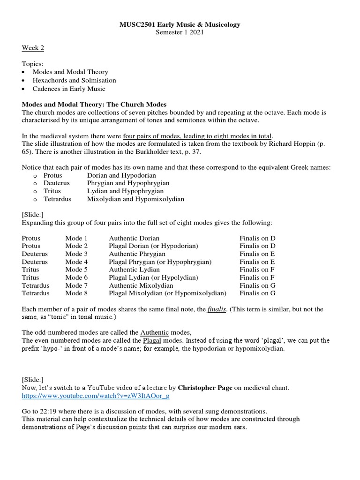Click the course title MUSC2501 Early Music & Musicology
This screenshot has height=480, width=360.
(180, 24)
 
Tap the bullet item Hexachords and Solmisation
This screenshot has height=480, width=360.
(74, 80)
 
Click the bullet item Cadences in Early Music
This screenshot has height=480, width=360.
(69, 89)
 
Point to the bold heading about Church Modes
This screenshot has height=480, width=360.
(94, 104)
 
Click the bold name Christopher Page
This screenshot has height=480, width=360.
(210, 387)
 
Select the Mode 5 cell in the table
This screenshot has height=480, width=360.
(76, 270)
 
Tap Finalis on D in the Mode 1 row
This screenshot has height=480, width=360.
(257, 238)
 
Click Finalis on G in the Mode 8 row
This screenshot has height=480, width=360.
(257, 293)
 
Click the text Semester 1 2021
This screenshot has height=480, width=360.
(180, 32)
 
